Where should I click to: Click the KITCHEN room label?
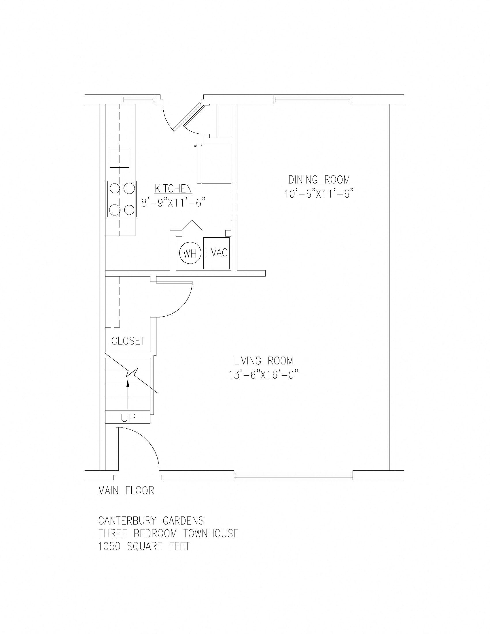(173, 189)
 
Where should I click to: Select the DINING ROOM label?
(319, 180)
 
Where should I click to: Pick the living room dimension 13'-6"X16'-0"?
(264, 375)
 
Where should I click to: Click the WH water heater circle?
(190, 253)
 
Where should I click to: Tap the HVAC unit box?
(216, 253)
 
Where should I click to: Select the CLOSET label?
(128, 341)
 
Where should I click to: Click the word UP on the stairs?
(128, 418)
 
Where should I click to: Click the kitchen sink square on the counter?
(119, 158)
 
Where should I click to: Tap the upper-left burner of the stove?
(115, 189)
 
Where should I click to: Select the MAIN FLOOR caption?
(126, 490)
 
